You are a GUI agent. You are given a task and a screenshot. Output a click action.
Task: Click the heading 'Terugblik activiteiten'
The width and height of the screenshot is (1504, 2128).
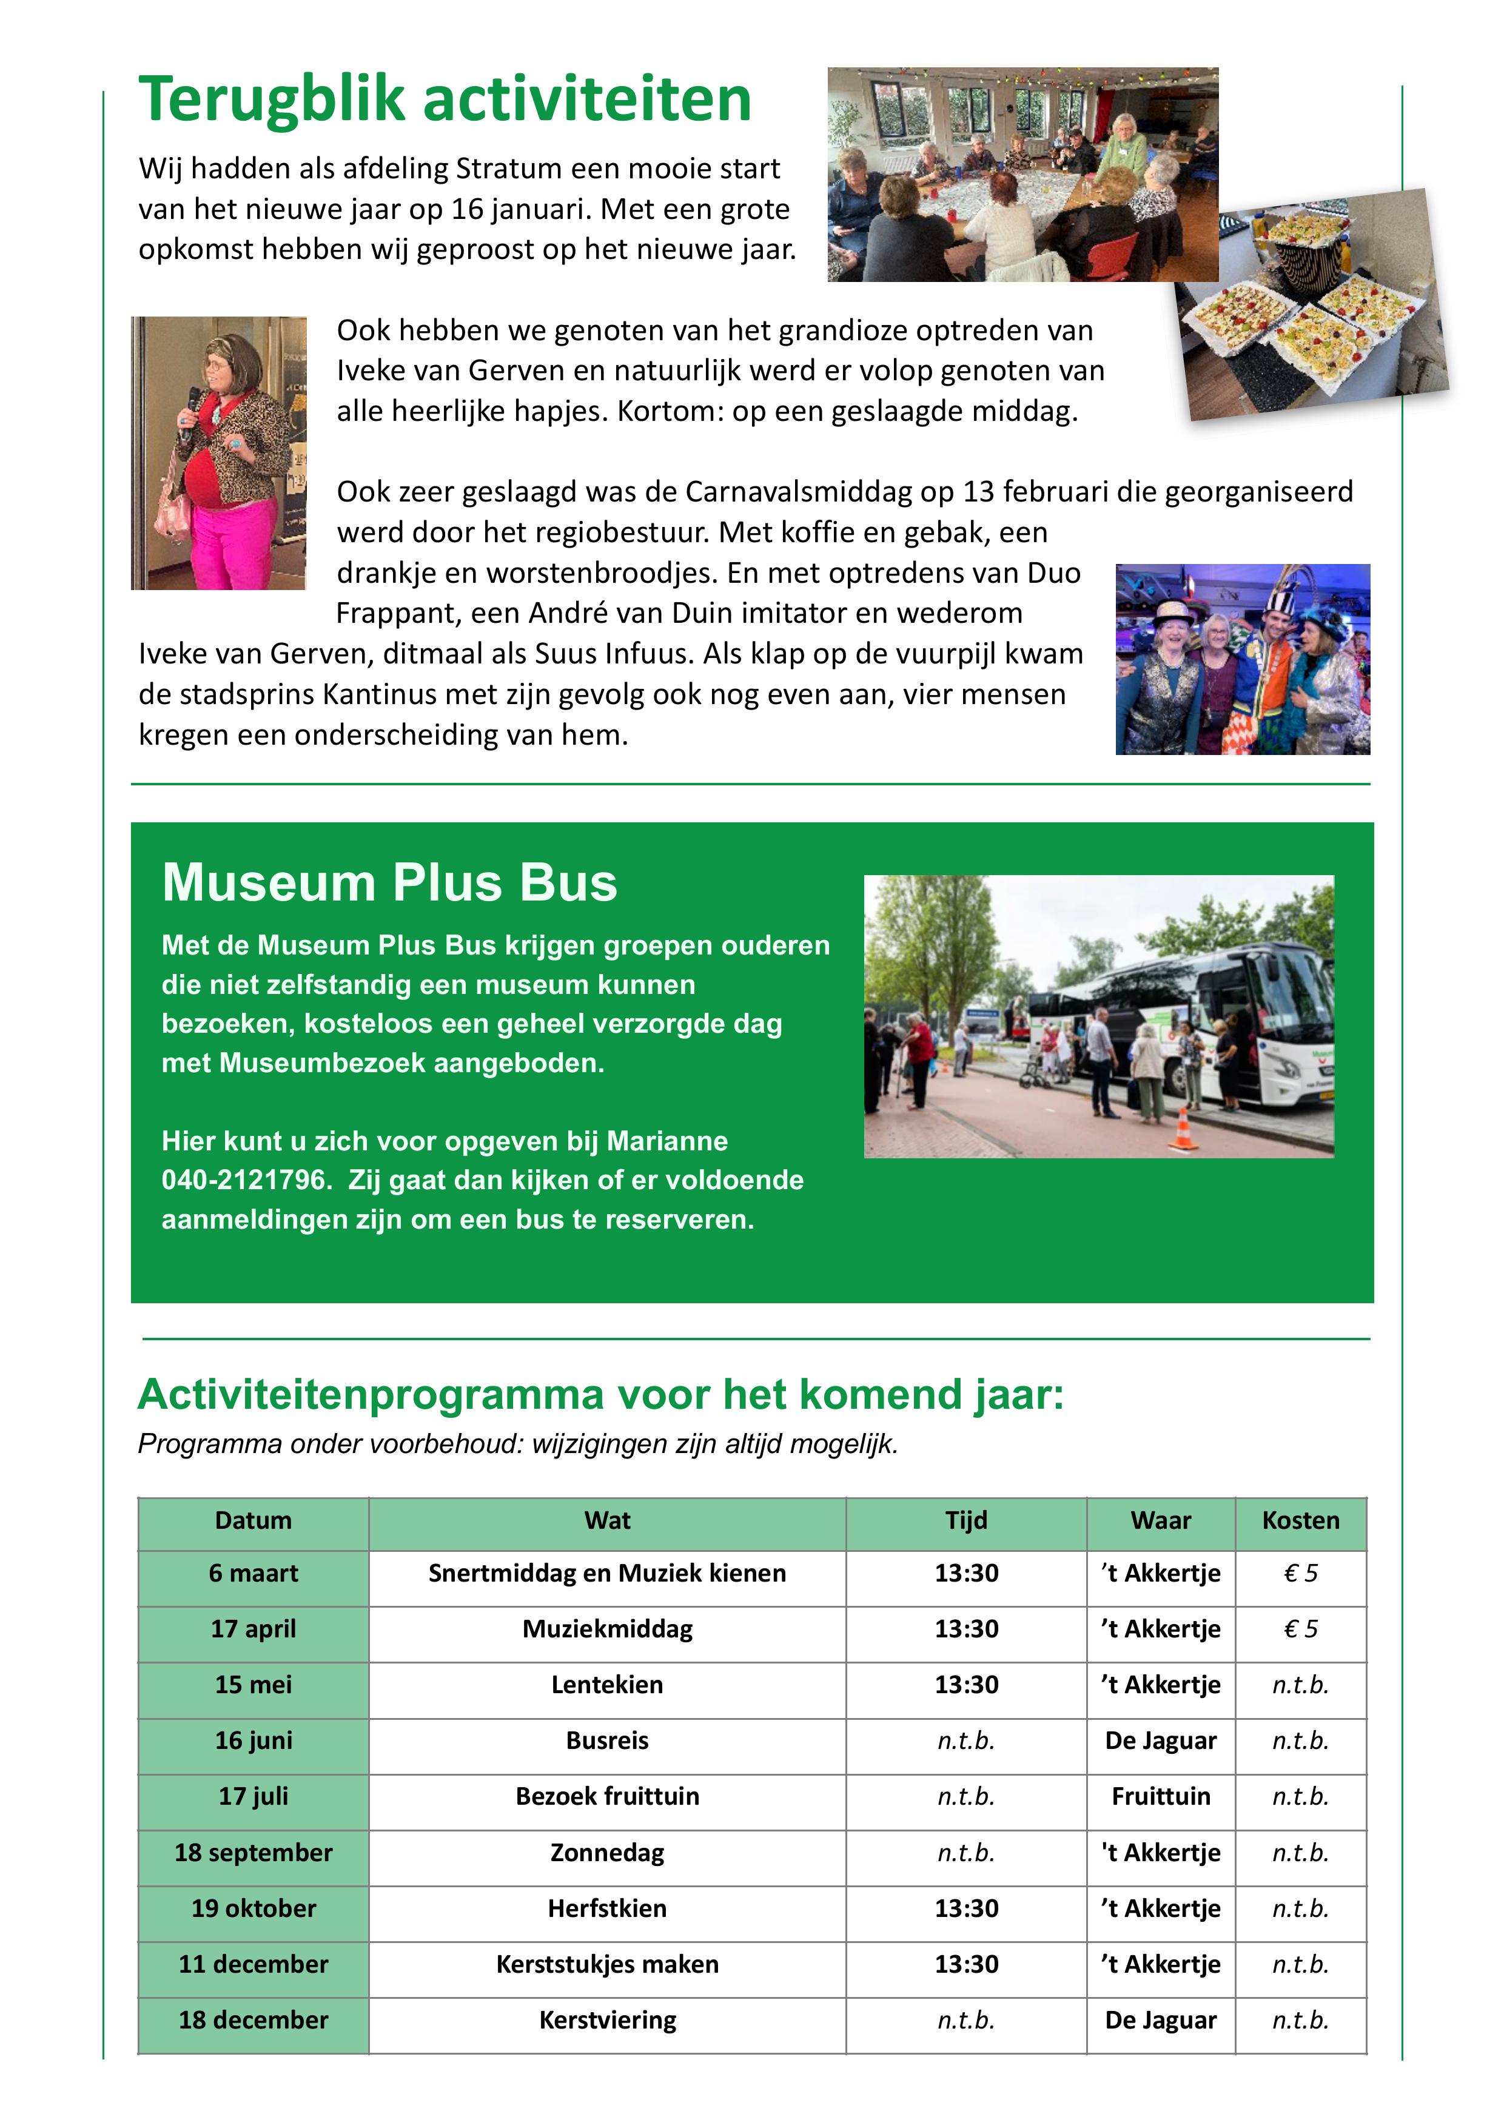(x=445, y=99)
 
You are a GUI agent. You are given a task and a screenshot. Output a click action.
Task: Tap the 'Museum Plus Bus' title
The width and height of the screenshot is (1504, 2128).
(x=389, y=882)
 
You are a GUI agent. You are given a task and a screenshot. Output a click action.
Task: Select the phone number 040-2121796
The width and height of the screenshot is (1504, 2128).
(x=246, y=1180)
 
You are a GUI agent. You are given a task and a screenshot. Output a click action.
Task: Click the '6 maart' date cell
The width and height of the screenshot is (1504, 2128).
(x=253, y=1574)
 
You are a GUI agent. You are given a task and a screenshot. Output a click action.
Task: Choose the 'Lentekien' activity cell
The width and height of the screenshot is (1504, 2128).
(x=607, y=1685)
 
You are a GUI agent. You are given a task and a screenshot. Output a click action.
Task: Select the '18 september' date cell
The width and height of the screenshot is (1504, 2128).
(x=253, y=1853)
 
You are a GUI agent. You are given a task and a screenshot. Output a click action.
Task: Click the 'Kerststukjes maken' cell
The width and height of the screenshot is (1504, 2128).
(x=607, y=1964)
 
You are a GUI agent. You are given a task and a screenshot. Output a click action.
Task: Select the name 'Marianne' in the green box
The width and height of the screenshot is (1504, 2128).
(x=667, y=1141)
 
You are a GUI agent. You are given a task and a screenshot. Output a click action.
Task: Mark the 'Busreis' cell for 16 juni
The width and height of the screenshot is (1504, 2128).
(x=607, y=1740)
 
